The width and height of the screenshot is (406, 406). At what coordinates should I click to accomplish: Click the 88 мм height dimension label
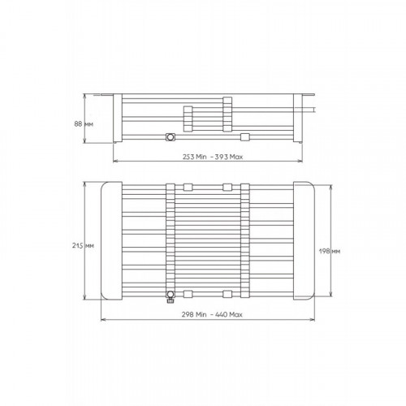click(84, 124)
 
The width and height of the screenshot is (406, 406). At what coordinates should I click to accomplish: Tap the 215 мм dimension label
click(83, 245)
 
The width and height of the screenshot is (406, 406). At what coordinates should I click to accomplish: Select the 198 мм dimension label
click(330, 251)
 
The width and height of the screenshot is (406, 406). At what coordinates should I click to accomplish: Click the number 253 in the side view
click(188, 157)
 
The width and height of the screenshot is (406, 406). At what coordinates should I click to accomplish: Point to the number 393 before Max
click(222, 157)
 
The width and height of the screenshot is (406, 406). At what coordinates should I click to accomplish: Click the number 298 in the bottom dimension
click(188, 314)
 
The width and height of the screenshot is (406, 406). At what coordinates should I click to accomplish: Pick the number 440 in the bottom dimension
click(221, 314)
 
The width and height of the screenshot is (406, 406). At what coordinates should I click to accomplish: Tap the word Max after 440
click(236, 314)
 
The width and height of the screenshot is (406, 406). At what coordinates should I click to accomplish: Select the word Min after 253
click(201, 157)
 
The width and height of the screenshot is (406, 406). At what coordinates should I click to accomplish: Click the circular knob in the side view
click(171, 137)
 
